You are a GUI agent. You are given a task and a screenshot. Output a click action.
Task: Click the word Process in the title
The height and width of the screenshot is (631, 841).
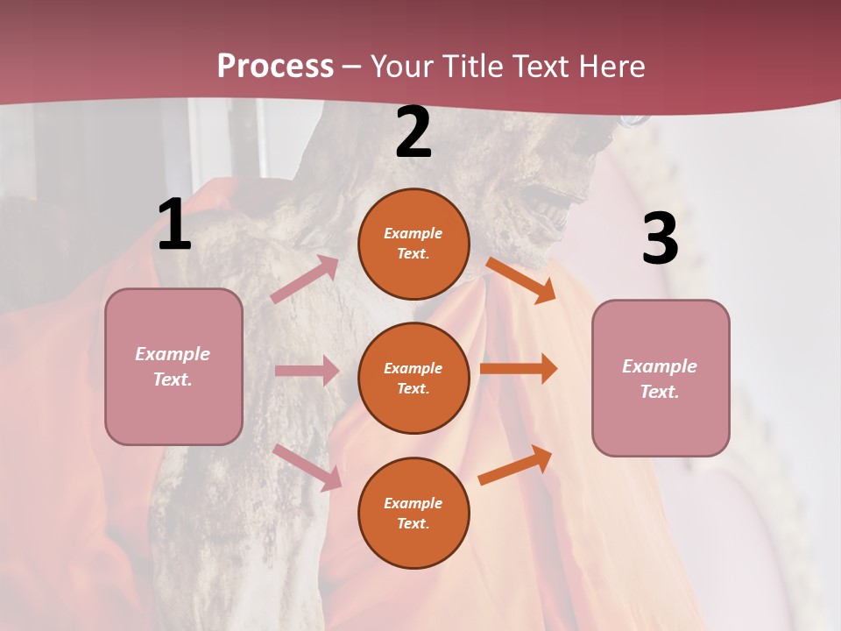(275, 66)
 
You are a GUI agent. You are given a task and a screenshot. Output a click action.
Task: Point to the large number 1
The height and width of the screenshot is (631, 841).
(174, 225)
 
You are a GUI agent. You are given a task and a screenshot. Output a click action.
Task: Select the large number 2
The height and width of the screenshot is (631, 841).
(413, 133)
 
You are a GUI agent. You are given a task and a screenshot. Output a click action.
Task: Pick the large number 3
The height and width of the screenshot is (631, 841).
(660, 238)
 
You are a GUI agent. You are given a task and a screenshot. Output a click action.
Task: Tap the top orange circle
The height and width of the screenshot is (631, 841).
(413, 244)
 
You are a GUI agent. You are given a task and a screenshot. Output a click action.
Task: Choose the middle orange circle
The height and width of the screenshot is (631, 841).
(413, 378)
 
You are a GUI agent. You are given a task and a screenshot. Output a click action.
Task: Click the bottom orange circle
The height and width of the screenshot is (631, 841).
(413, 513)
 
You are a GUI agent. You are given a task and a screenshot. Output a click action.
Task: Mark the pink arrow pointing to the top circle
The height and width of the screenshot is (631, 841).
(305, 280)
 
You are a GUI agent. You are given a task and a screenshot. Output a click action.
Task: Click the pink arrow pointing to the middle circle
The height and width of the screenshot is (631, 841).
(307, 371)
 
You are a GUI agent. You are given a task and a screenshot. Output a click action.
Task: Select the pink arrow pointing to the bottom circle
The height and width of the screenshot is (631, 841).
(307, 467)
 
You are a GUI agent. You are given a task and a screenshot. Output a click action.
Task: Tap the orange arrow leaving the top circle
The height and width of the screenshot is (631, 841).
(520, 280)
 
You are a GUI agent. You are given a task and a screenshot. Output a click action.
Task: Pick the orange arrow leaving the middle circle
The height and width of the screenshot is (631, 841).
(519, 369)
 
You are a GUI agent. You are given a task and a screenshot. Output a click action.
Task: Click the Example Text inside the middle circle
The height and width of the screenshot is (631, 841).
(413, 378)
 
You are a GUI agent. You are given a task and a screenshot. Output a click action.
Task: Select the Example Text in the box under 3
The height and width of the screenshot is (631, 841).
(660, 379)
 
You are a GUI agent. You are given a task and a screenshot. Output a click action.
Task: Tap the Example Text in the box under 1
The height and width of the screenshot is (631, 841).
(173, 366)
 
